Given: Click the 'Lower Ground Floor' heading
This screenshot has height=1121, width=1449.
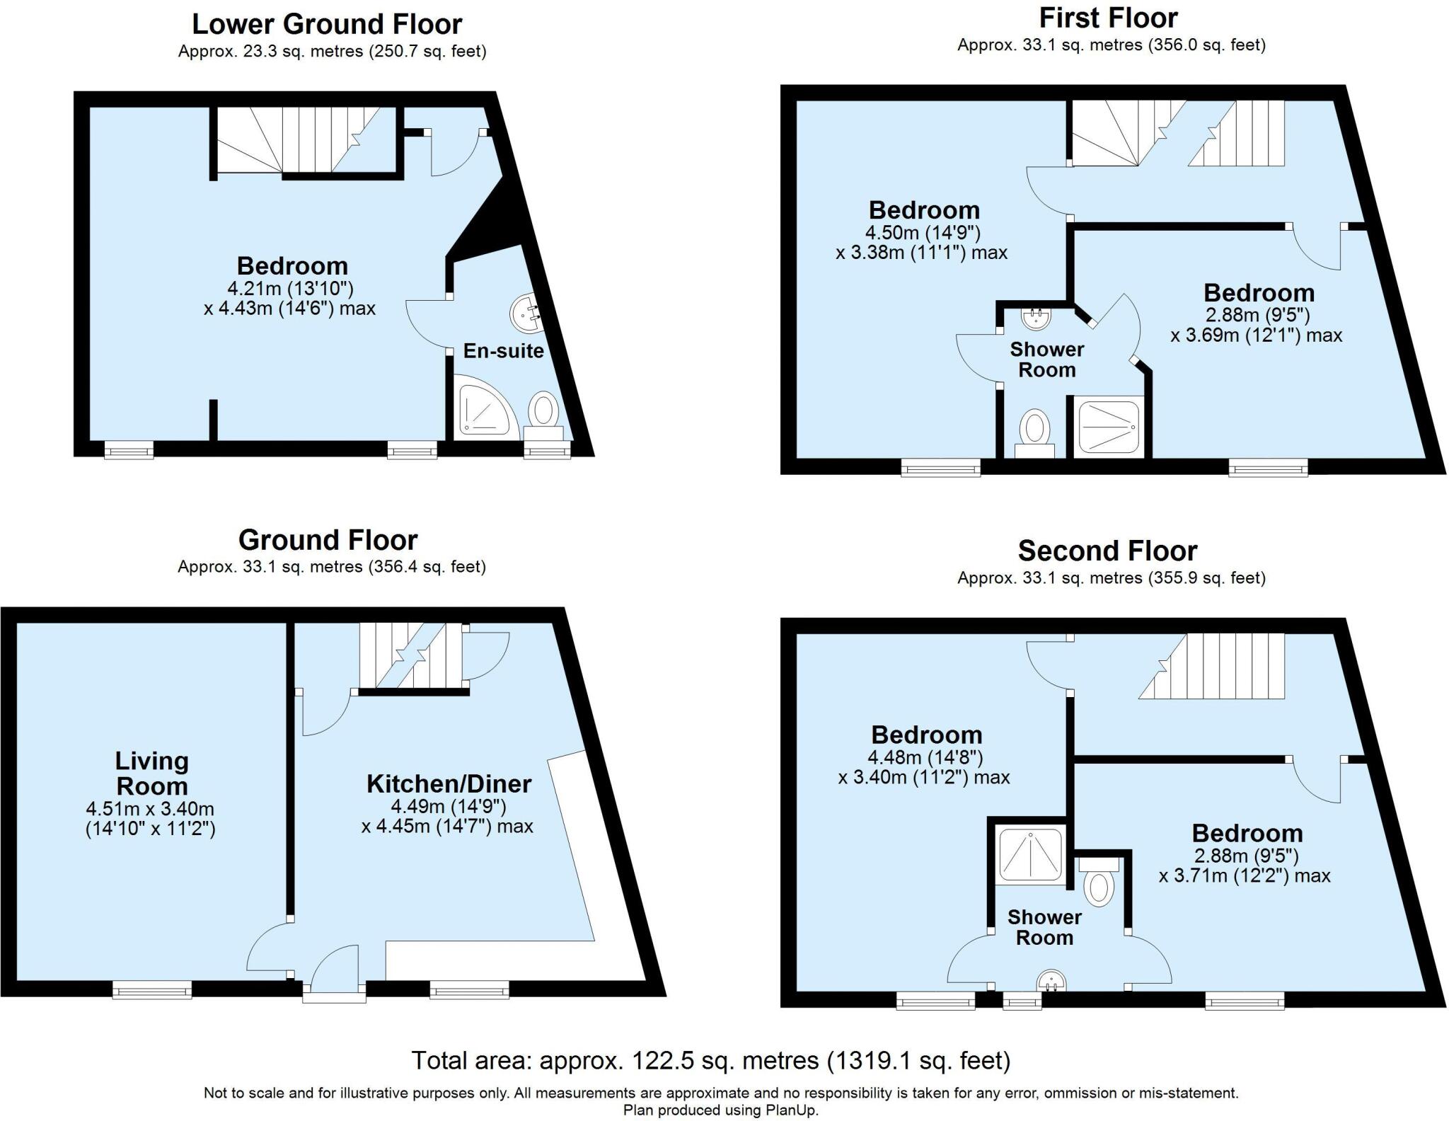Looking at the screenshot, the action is coord(327,24).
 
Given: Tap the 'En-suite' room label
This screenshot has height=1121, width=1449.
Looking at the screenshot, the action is coord(503,351).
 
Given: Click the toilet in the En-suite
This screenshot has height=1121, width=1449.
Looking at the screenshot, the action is coord(543,417).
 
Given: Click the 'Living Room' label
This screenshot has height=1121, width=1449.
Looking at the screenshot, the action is coord(151,774).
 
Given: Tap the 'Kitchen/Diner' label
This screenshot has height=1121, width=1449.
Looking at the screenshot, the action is coord(449,783).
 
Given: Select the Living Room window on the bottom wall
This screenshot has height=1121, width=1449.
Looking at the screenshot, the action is coord(152,989).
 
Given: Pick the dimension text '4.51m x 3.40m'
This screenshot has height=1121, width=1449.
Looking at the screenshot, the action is coord(150,808).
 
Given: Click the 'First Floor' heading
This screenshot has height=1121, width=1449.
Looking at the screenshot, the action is coord(1109,18).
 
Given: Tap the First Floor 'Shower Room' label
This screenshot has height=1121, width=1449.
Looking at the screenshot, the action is coord(1047,360).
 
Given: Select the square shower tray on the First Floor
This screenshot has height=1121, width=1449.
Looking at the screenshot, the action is coord(1107,427).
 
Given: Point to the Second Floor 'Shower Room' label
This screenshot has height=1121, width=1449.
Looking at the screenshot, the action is coord(1044,927).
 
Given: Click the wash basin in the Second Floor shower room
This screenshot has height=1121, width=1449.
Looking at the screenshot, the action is coord(1051,981).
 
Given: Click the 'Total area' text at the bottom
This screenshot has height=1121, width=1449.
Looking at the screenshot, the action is coord(711,1061).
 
